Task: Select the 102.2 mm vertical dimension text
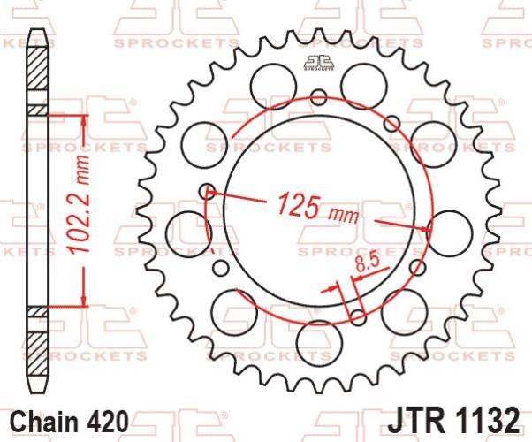(x=82, y=210)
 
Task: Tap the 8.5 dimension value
(x=365, y=262)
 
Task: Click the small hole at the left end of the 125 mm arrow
(x=209, y=189)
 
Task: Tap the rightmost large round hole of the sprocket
(x=452, y=228)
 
